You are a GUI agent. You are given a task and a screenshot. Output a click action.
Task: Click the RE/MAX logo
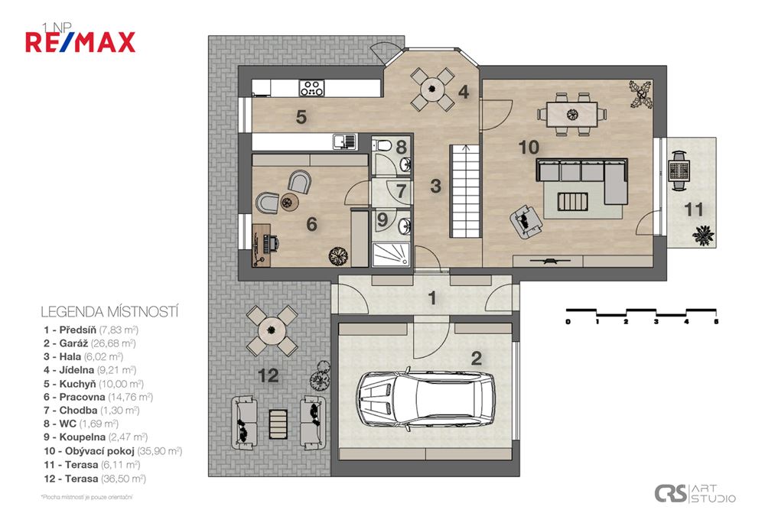[x=80, y=41]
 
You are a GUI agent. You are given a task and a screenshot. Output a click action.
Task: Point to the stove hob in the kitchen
[x=311, y=87]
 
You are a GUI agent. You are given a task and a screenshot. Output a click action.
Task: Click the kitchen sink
[x=345, y=141]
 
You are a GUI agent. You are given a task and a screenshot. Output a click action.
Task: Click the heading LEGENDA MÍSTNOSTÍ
[x=109, y=312]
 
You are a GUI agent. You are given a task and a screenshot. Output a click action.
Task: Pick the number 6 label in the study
[x=311, y=224]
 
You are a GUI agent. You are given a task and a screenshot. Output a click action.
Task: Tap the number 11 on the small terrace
[x=693, y=210]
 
